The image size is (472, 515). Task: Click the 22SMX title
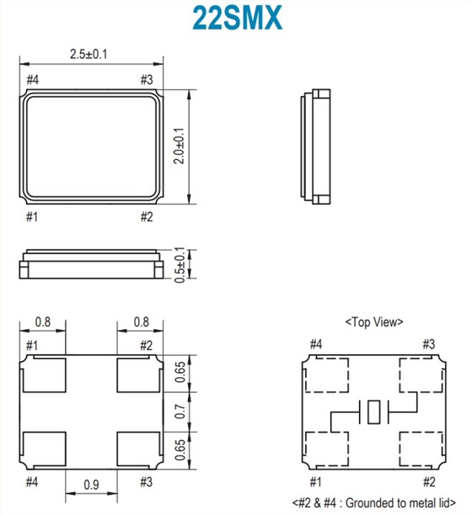[237, 18]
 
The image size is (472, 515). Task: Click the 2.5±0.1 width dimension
[88, 54]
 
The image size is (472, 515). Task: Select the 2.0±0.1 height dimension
[180, 146]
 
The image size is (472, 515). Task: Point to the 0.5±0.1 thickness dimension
[180, 265]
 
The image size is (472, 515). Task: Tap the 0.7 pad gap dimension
[180, 411]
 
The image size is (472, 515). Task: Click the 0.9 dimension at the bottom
[91, 485]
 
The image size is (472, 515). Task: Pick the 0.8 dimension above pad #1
[43, 321]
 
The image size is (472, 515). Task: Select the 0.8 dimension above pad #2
[141, 321]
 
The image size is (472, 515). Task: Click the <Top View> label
[374, 321]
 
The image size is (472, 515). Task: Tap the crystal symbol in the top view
[374, 411]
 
